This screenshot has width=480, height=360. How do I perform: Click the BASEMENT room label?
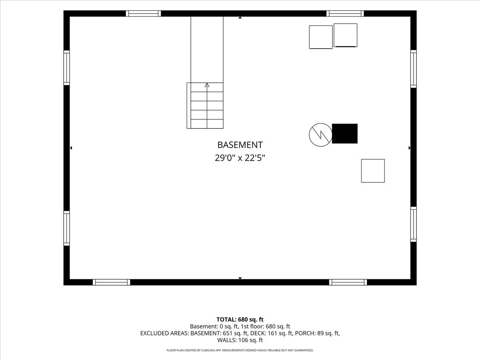coord(240,145)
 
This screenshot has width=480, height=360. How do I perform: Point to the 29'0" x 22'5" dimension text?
coord(240,158)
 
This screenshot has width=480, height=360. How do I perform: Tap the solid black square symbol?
coord(345,134)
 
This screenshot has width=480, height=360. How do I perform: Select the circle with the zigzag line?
coord(320,135)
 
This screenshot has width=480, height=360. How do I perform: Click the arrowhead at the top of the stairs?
coord(207,85)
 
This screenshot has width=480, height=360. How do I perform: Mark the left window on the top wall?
coord(143,14)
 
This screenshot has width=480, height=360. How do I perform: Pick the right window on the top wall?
coord(345,14)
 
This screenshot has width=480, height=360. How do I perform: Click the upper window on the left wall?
coord(67,68)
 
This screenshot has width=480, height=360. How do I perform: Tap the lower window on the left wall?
coord(67,228)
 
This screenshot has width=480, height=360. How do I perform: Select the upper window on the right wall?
coord(414,69)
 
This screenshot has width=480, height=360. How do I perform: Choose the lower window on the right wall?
coord(414,224)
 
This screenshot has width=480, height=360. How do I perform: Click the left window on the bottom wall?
coord(111,282)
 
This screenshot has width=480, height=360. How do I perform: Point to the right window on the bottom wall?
coord(348,282)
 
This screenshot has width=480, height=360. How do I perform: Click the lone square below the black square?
coord(373,171)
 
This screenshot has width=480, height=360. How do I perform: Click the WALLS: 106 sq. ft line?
coord(240,340)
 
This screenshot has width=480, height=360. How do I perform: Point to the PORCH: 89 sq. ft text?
coord(317,333)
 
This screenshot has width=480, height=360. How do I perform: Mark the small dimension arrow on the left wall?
coord(71,148)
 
